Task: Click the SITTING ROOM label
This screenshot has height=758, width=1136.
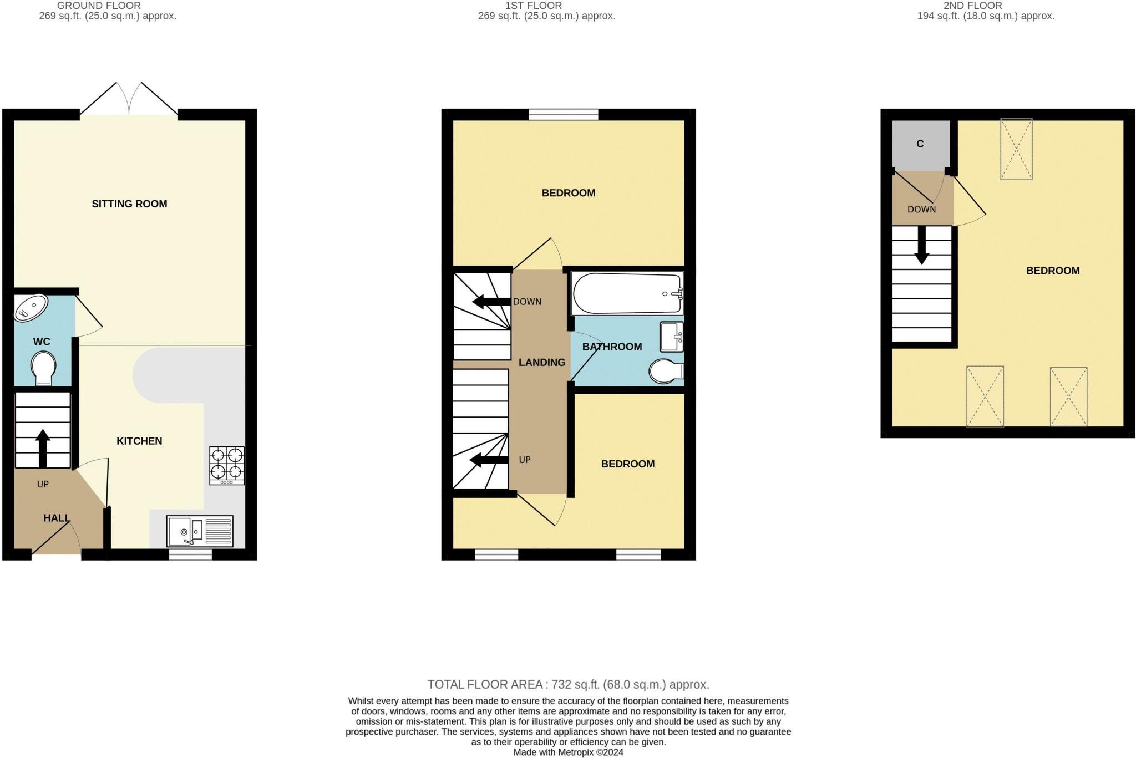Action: [129, 204]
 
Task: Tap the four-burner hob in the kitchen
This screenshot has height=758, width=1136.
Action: [227, 466]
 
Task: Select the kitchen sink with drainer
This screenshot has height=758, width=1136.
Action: [200, 531]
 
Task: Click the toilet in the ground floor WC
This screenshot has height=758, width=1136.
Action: [43, 369]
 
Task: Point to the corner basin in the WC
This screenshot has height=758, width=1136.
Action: [31, 308]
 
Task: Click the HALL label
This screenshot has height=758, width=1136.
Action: [57, 518]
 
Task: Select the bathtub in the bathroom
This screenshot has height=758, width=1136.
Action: [627, 293]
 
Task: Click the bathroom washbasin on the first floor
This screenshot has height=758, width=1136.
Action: [672, 337]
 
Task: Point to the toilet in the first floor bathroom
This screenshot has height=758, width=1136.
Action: [666, 372]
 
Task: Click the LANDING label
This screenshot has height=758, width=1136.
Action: [542, 363]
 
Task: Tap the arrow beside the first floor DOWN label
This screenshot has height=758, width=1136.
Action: [491, 302]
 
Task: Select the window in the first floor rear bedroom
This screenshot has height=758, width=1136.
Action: [564, 115]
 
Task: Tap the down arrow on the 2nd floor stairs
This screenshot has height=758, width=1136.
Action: [921, 245]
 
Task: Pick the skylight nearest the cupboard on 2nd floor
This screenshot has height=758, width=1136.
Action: [1016, 149]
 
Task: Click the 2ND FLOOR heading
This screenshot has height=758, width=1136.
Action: [972, 6]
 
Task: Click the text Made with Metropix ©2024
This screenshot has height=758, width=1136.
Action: [568, 752]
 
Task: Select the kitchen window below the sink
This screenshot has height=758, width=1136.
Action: [190, 554]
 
